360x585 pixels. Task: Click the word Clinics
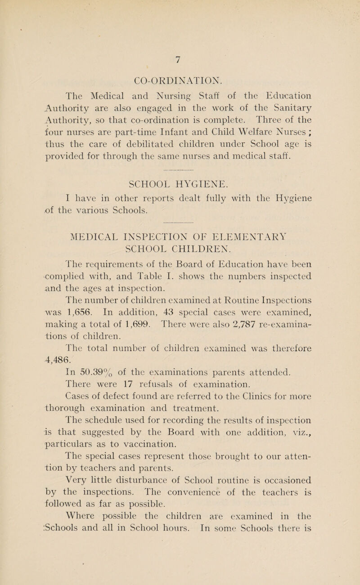point(268,399)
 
